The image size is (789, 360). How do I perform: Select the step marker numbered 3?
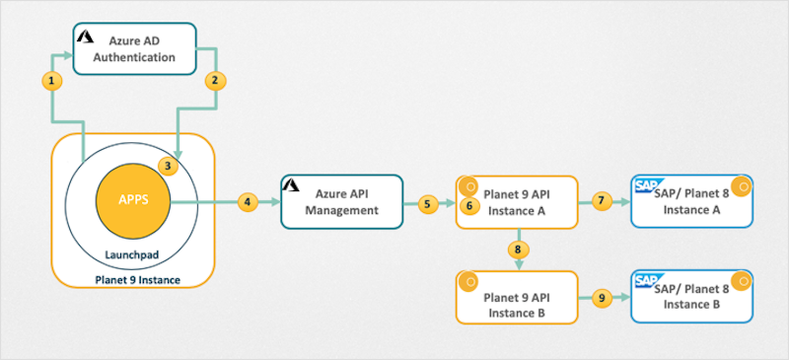[x=169, y=166]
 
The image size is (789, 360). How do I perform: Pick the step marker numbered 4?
[x=248, y=201]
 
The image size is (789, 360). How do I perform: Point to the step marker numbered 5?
[x=427, y=203]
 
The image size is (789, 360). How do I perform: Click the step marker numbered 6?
[x=469, y=205]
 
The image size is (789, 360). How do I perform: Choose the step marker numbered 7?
[x=602, y=201]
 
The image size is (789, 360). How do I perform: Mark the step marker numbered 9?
[x=602, y=297]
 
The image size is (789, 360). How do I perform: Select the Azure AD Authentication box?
[x=136, y=48]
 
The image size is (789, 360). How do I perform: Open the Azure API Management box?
[x=342, y=201]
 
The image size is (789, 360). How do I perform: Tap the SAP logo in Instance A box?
[x=646, y=185]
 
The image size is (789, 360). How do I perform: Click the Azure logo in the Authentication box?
[x=86, y=36]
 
